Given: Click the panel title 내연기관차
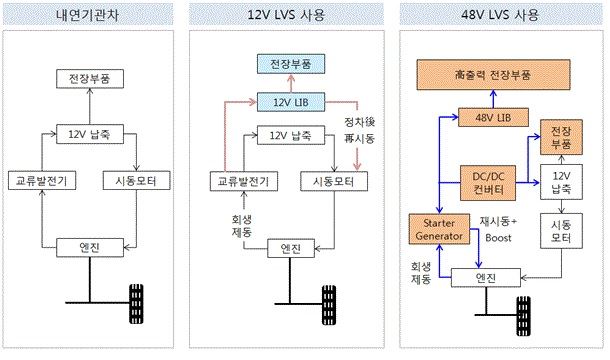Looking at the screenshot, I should (97, 17).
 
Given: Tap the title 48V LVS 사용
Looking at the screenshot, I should (501, 17).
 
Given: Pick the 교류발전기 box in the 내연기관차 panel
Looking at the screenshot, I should (39, 181).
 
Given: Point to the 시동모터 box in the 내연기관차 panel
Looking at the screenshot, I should (139, 181).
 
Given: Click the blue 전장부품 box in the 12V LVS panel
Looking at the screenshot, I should (289, 64).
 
